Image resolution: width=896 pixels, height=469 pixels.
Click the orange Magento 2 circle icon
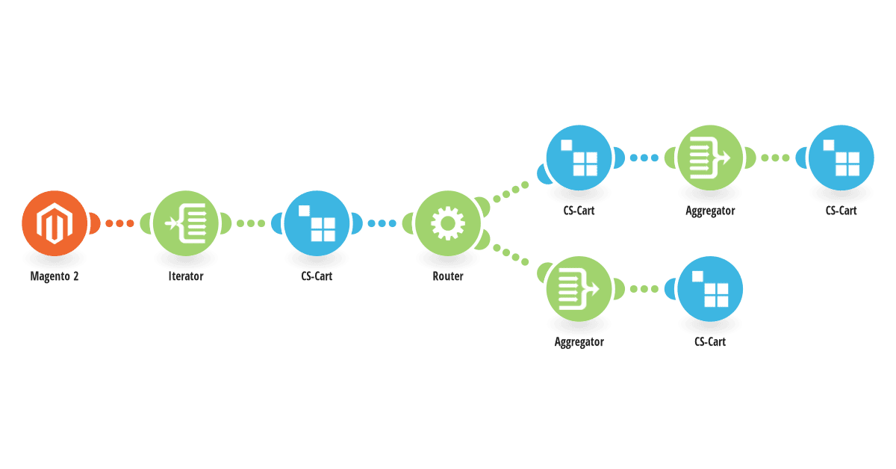[55, 223]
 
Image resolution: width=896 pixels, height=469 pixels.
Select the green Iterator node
[186, 223]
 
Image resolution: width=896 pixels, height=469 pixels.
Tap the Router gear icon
[448, 223]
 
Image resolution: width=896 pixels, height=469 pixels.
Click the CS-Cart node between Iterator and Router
[317, 223]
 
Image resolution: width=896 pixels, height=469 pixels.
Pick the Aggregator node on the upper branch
[710, 158]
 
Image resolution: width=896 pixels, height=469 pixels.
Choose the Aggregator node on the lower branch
[579, 289]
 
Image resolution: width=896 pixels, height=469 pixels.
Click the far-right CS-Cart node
[841, 158]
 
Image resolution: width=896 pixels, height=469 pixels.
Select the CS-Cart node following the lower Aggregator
[710, 289]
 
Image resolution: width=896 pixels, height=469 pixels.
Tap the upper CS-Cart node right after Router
[579, 158]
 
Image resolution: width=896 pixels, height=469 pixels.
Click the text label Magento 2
[55, 276]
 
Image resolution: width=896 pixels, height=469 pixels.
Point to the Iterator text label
[186, 276]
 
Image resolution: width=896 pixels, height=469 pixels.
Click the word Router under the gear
[448, 276]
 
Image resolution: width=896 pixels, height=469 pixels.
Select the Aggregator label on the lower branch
[579, 342]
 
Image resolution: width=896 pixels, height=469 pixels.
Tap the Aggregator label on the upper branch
[710, 211]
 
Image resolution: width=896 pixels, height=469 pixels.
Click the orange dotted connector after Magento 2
[119, 223]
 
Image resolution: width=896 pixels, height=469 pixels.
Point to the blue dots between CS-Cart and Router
[382, 223]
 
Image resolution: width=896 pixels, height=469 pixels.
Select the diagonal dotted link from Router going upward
[511, 192]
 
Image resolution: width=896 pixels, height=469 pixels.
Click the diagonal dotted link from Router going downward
[511, 255]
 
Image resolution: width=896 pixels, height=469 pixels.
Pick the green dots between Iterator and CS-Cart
[251, 223]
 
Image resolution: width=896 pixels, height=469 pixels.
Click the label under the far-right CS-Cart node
[841, 211]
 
